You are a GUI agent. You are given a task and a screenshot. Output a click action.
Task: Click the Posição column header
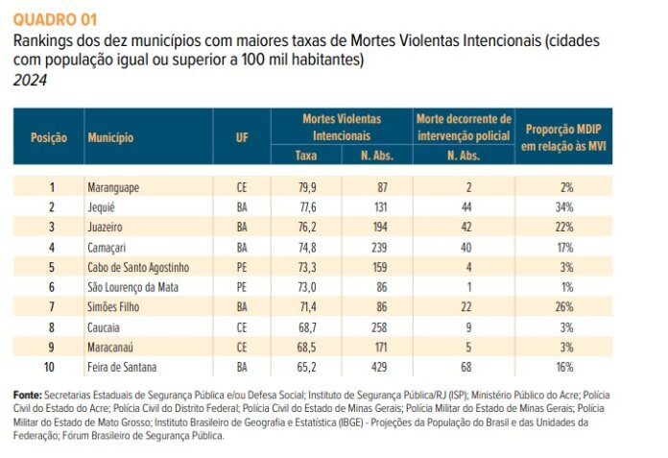(x=48, y=137)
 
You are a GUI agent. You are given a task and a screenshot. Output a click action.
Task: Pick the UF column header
(x=242, y=137)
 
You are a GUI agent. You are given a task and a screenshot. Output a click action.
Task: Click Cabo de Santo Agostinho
(x=138, y=267)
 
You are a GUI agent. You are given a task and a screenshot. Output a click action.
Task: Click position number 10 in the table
(x=51, y=367)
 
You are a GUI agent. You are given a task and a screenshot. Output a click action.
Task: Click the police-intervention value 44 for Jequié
(x=465, y=207)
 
